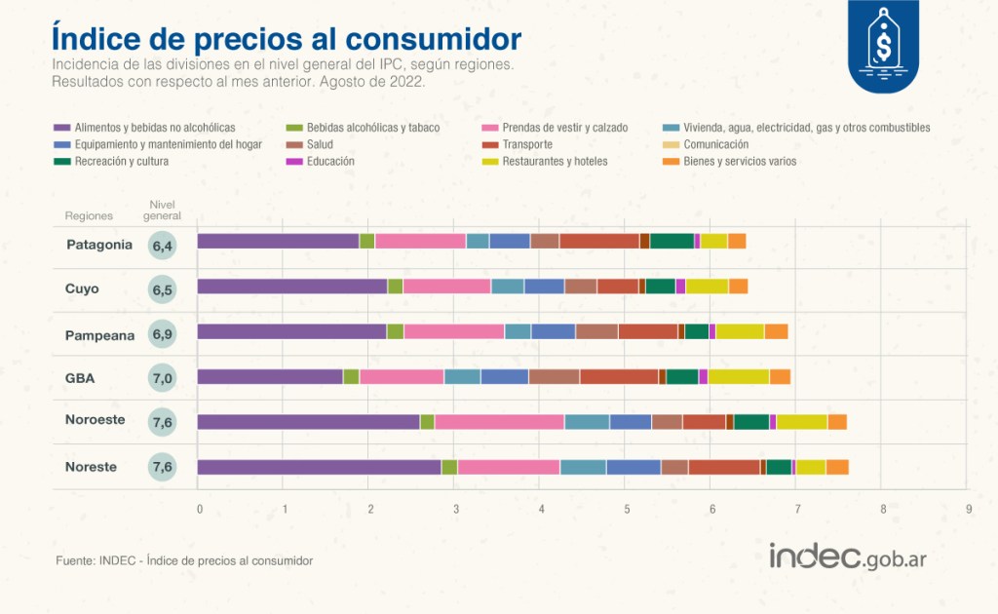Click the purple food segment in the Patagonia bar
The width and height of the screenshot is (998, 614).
278,241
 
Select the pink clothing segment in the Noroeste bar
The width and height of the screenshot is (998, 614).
500,422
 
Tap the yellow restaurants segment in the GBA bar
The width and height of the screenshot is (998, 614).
739,376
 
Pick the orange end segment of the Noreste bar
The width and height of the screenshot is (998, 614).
837,467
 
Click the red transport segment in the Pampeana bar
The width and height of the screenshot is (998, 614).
648,331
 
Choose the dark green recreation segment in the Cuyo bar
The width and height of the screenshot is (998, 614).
661,287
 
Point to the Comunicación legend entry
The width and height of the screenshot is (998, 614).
706,144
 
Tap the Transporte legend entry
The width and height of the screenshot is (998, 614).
518,144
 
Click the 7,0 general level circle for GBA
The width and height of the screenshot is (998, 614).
163,378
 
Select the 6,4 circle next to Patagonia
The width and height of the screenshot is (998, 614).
163,246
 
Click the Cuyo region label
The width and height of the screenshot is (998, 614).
82,288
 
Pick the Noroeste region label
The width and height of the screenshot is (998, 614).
95,420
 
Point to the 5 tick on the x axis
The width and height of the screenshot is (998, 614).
627,509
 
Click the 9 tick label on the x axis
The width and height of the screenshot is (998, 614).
969,509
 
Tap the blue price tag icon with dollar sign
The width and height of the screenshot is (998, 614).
883,46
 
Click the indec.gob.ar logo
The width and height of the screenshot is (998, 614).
848,556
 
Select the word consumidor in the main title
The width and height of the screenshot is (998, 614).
434,39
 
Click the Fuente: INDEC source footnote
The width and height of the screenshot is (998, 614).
184,560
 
